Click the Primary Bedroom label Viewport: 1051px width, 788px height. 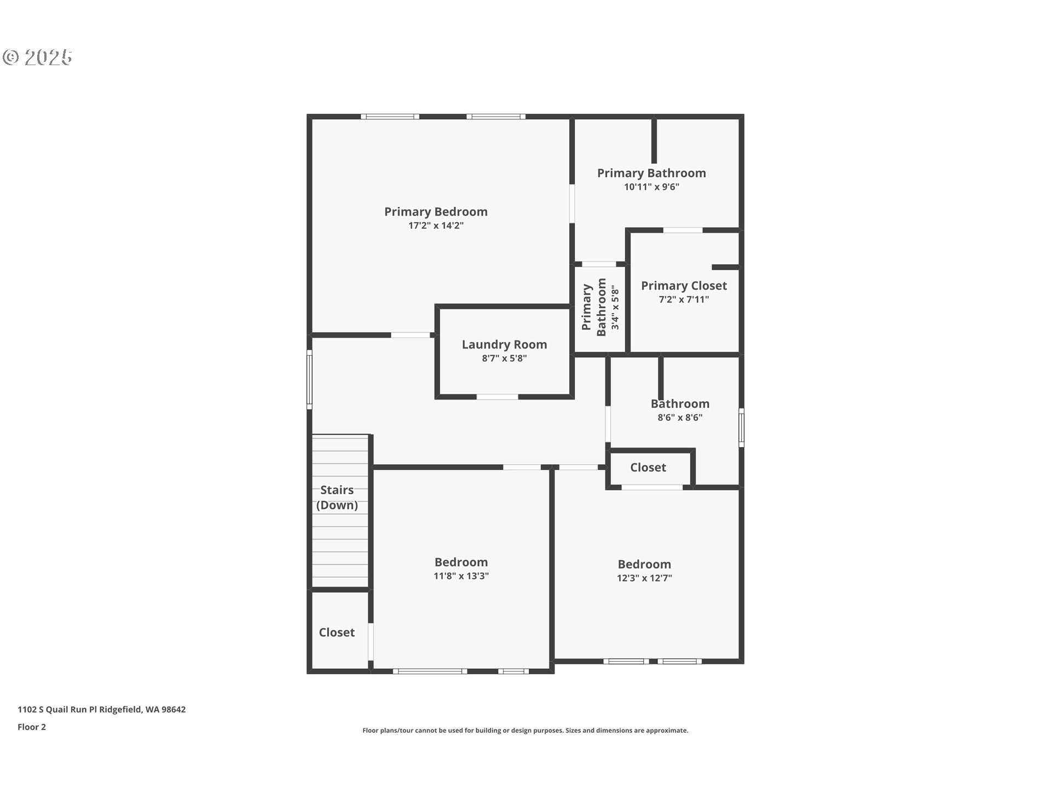coord(436,212)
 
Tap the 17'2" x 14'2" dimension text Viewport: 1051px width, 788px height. coord(436,225)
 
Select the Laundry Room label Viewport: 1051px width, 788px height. coord(504,345)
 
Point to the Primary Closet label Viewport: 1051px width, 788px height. coord(684,286)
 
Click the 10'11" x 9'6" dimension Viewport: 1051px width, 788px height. coord(651,187)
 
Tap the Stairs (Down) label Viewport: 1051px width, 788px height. coord(337,497)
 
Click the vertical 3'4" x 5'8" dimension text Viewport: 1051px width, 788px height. coord(615,308)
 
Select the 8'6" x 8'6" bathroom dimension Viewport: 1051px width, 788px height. coord(680,418)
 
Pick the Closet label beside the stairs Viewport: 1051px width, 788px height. coord(337,633)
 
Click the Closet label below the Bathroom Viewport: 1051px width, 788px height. coord(648,467)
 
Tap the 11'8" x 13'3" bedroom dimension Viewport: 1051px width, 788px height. coord(461,576)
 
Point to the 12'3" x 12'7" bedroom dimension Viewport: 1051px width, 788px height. coord(644,578)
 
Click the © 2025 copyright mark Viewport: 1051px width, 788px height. coord(37,57)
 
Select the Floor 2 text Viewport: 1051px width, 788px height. coord(32,727)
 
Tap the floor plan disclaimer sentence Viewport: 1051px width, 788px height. coord(525,731)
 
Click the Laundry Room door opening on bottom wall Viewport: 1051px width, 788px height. coord(497,397)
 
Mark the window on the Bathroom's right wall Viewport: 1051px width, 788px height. coord(741,427)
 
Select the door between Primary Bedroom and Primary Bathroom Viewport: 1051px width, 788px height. coord(572,204)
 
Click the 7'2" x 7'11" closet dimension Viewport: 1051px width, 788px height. coord(684,299)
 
